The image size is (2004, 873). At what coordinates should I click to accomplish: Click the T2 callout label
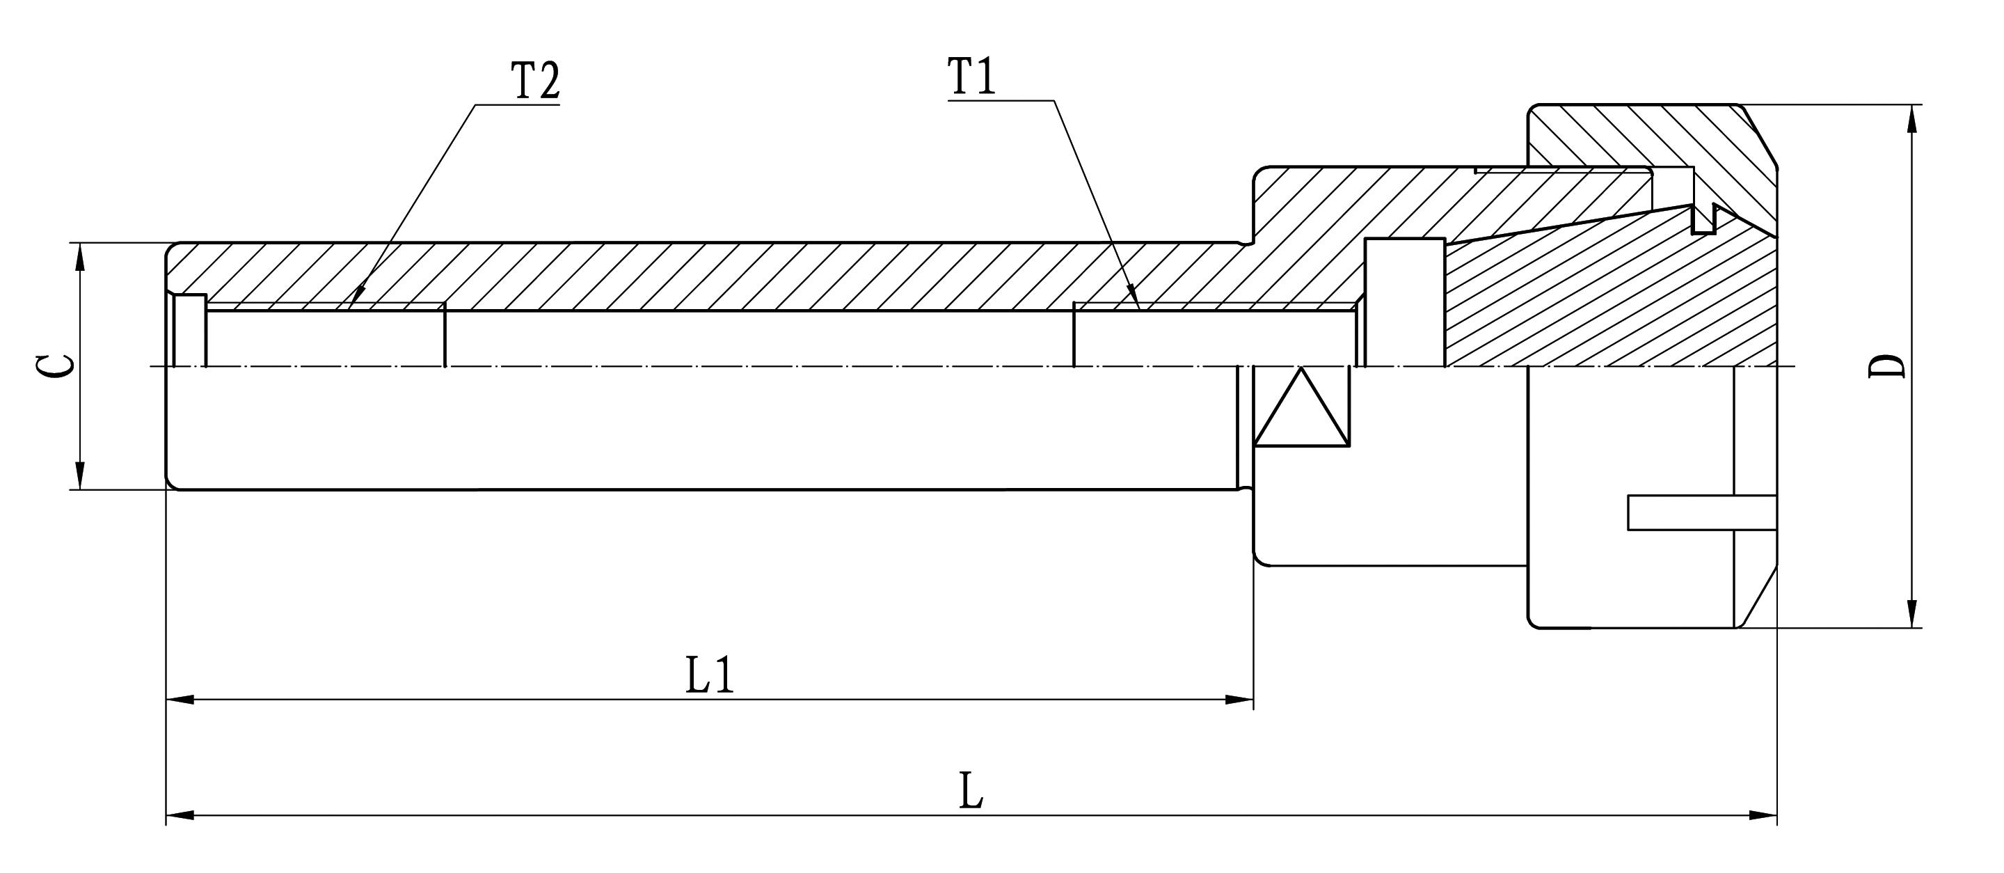535,81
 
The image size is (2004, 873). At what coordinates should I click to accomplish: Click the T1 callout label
971,77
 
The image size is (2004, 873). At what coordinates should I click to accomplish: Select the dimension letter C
58,365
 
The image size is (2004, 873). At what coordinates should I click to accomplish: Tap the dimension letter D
1886,365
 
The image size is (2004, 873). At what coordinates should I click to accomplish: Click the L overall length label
971,791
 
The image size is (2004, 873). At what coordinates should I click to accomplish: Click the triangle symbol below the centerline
1301,410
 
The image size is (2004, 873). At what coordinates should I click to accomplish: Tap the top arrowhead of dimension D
1913,117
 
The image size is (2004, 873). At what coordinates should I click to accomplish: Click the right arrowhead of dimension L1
1240,700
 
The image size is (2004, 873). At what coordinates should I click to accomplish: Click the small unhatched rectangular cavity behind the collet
1405,302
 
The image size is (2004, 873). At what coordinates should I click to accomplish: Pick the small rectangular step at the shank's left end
190,330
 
